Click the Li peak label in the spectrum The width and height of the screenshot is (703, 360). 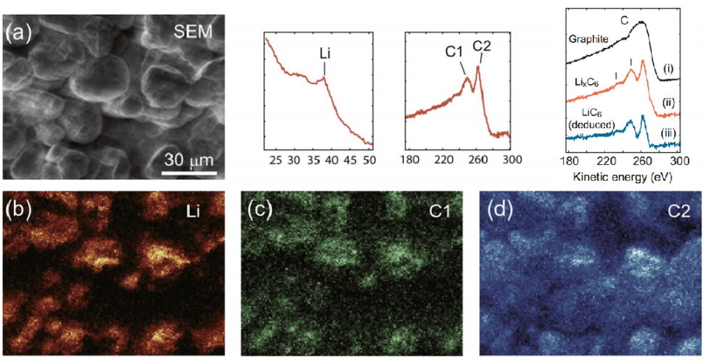click(324, 53)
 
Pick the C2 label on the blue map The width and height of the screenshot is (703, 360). click(681, 210)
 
